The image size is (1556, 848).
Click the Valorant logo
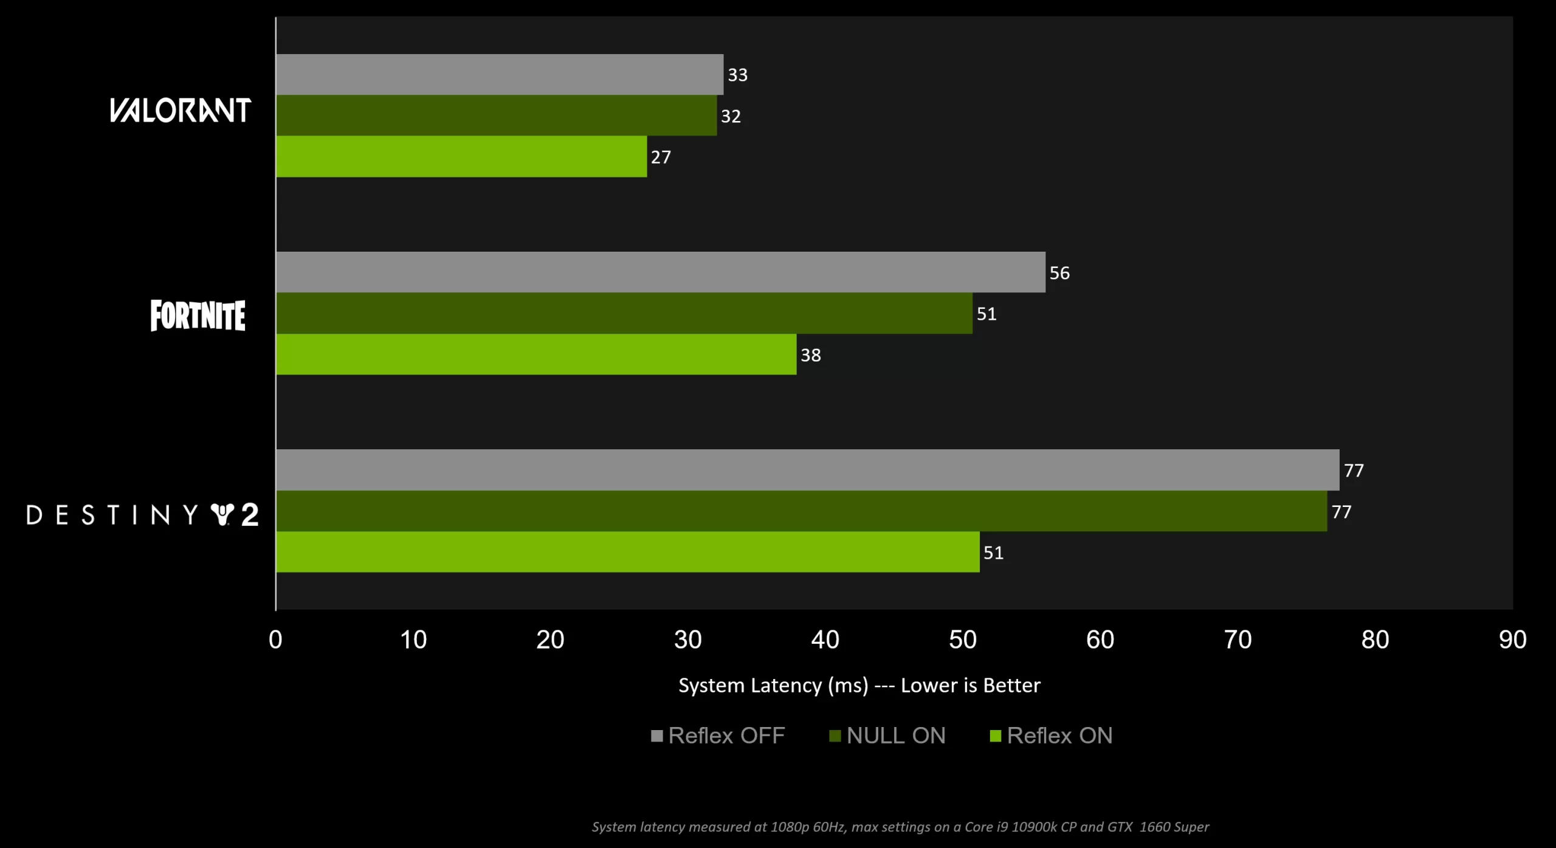[181, 111]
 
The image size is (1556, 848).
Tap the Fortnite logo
[198, 315]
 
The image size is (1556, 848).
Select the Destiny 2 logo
[143, 515]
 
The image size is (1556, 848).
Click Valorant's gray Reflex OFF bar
[500, 74]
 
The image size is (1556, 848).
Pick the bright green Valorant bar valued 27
[461, 157]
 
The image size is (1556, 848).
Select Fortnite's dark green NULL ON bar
[624, 313]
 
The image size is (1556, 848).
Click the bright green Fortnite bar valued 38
[536, 354]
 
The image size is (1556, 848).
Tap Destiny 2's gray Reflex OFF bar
[807, 470]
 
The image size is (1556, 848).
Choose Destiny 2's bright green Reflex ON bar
[628, 552]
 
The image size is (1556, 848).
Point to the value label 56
[1059, 273]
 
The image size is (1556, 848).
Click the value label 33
[737, 75]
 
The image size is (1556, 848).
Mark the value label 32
[731, 116]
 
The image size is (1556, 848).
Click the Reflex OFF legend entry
[718, 736]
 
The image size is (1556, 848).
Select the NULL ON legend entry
[888, 736]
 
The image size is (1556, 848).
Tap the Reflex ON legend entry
[1052, 736]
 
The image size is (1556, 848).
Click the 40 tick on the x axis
[825, 639]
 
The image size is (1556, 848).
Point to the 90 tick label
[1512, 639]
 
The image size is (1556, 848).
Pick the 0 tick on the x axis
[275, 639]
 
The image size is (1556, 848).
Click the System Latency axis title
[859, 686]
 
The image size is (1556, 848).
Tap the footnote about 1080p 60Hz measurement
[900, 827]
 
